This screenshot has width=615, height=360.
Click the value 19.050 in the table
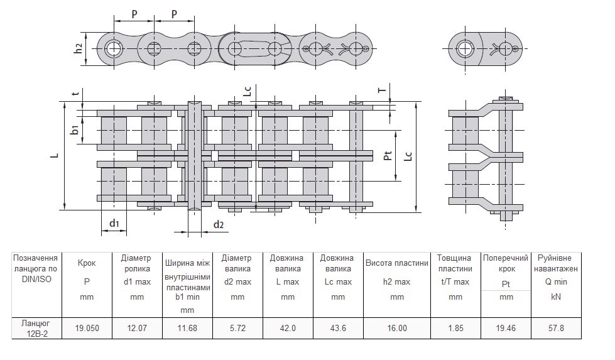click(87, 328)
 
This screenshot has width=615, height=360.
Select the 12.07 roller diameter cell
click(137, 328)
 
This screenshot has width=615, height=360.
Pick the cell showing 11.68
click(187, 328)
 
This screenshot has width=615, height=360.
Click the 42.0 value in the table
click(287, 328)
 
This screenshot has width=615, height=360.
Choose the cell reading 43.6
click(338, 328)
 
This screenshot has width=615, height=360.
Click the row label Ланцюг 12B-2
click(36, 328)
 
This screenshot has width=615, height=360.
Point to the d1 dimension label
click(114, 223)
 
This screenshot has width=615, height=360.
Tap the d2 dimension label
click(218, 224)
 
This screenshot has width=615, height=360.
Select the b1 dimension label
click(75, 130)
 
